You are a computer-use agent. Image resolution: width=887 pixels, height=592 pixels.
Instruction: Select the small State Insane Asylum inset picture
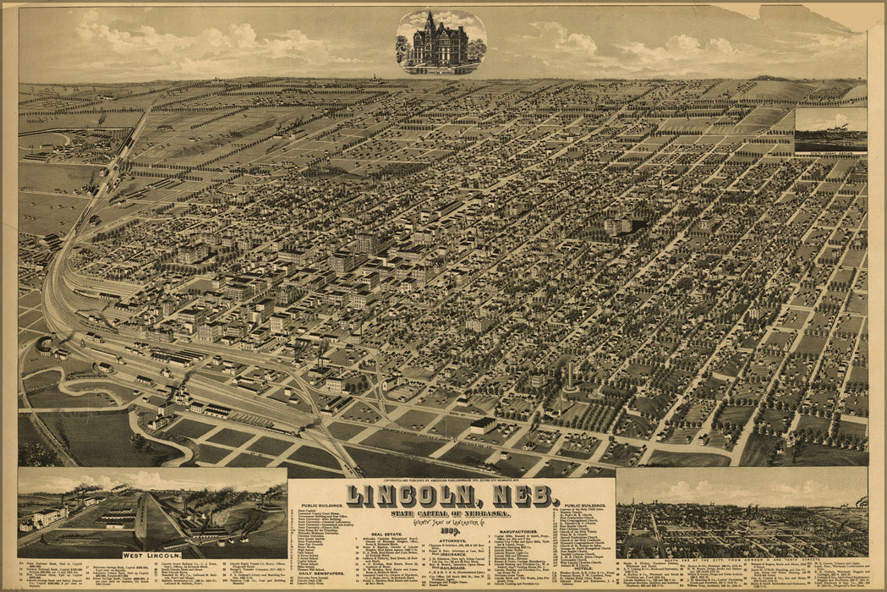click(x=830, y=130)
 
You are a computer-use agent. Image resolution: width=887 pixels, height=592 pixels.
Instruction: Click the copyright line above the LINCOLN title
click(x=451, y=480)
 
